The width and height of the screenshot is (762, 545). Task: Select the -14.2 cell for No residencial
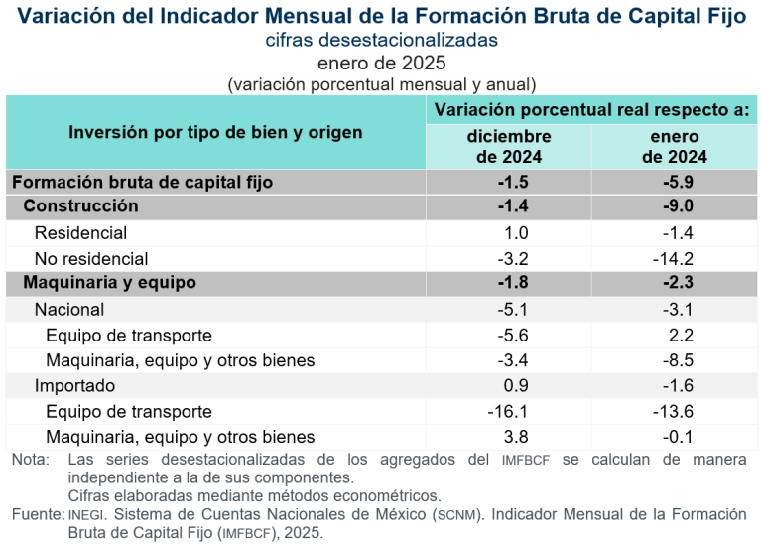(x=674, y=259)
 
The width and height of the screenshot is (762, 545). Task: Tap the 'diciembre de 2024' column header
(x=508, y=146)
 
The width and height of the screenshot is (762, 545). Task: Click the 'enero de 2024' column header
(x=674, y=146)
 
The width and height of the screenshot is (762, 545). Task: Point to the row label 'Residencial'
(x=80, y=233)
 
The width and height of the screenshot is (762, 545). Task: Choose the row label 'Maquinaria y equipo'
(x=109, y=283)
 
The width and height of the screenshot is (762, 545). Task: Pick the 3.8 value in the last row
(x=516, y=437)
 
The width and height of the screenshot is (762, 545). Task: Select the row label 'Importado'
(x=74, y=386)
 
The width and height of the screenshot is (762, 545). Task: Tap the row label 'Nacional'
(x=69, y=310)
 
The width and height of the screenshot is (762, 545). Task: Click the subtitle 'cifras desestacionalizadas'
(x=381, y=41)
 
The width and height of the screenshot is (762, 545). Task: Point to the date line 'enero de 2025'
(x=381, y=63)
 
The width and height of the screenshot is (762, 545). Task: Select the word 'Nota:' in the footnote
(x=30, y=460)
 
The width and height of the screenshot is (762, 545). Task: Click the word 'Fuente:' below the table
(x=37, y=514)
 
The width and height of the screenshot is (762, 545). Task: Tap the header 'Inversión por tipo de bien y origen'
(x=215, y=132)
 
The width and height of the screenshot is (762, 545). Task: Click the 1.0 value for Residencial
(x=516, y=233)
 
